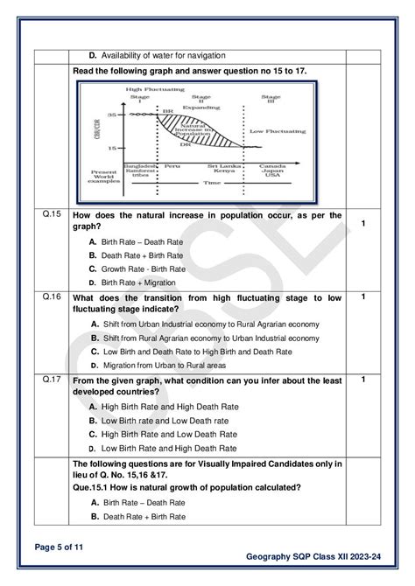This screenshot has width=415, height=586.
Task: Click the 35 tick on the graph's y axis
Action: click(111, 115)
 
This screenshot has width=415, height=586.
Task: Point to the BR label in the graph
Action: click(167, 111)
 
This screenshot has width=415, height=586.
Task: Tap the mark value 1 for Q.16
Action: click(362, 296)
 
